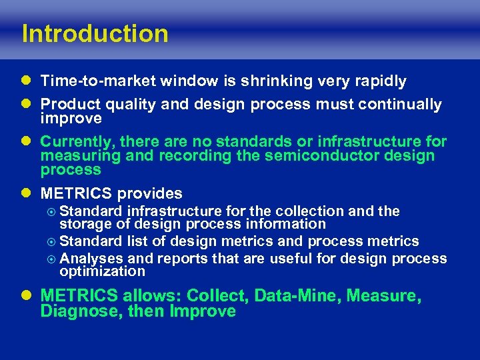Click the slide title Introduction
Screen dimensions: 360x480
pyautogui.click(x=95, y=33)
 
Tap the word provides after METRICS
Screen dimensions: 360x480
pyautogui.click(x=149, y=194)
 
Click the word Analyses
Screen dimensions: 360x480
pyautogui.click(x=91, y=258)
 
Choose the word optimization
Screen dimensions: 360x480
pyautogui.click(x=102, y=271)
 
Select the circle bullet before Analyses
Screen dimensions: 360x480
pyautogui.click(x=53, y=258)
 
